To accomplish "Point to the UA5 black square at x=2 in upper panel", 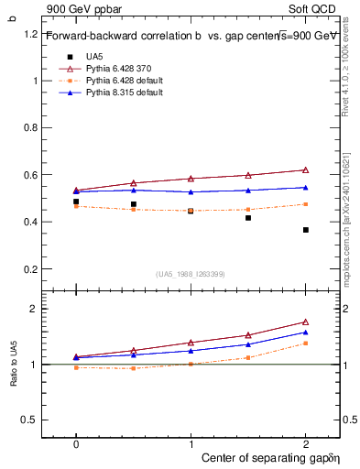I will (305, 230).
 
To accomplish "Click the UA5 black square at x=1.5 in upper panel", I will (248, 218).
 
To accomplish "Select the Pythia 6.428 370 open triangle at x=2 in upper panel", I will (305, 169).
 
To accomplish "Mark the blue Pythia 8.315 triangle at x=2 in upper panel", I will (305, 187).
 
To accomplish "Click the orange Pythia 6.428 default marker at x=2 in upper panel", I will (305, 204).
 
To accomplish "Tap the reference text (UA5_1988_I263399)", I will (191, 274).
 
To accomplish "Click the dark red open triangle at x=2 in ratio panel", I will (305, 322).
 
